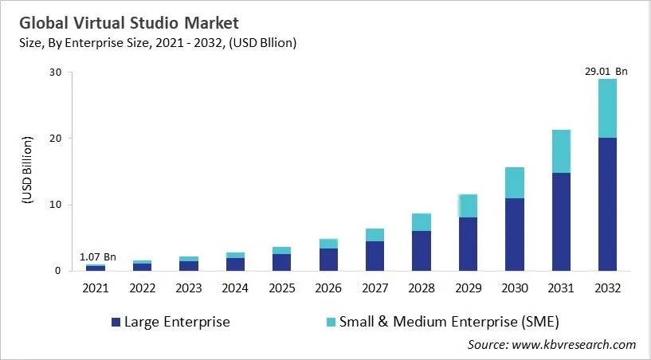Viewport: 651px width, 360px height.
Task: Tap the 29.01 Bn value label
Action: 606,72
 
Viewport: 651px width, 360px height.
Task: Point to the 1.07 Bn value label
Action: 98,256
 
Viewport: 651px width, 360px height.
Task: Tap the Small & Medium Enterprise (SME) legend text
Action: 449,323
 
